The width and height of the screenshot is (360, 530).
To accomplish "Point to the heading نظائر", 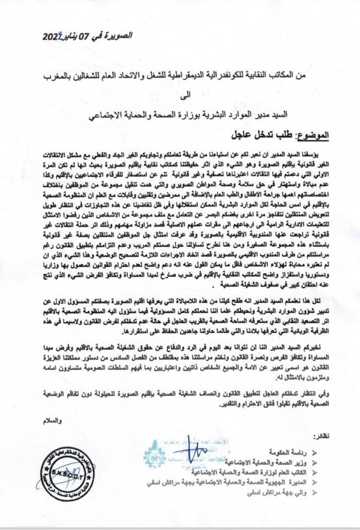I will tap(322, 438).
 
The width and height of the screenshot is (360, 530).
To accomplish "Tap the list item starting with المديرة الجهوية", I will tap(228, 482).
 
